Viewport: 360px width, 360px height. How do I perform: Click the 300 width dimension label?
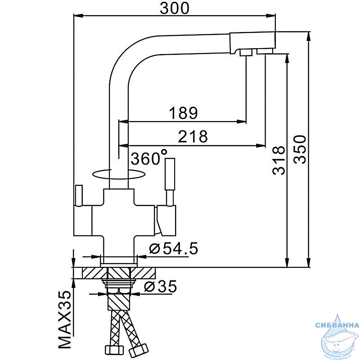coord(175,8)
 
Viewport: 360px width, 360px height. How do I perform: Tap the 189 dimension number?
coord(183,113)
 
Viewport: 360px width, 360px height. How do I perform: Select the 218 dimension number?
coord(193,136)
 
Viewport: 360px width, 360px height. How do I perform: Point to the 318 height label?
coord(279,160)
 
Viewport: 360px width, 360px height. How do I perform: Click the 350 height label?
coord(300,149)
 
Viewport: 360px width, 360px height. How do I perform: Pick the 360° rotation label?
coord(149,157)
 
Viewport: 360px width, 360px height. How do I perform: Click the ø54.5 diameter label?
coord(173,248)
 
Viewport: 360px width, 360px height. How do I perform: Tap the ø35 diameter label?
coord(161,286)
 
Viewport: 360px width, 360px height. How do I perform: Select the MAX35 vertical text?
coord(64,320)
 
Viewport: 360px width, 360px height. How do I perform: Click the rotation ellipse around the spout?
coord(118,179)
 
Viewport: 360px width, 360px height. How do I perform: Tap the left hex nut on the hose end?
coord(114,350)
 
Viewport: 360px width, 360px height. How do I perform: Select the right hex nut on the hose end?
coord(139,350)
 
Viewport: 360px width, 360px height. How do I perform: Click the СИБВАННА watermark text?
coord(337,325)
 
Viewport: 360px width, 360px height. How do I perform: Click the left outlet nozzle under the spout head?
coord(246,53)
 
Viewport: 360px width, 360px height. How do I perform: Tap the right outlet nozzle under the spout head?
coord(265,51)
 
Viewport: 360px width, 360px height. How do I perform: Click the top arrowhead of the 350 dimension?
coord(309,36)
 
